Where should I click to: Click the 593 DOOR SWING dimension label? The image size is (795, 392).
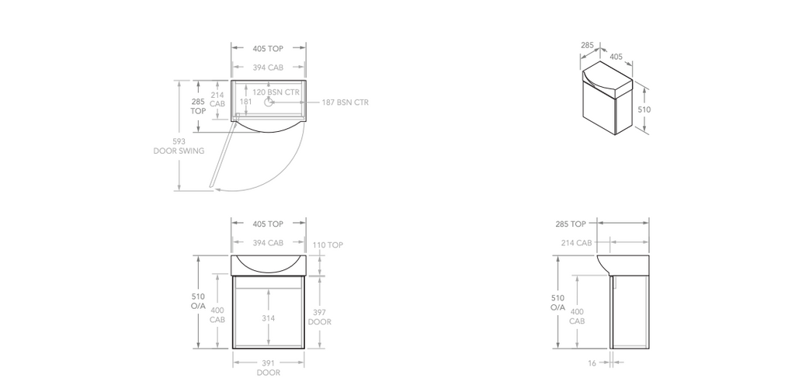pyautogui.click(x=179, y=146)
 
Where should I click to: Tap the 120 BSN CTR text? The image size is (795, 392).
pyautogui.click(x=276, y=92)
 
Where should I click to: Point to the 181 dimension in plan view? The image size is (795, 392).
pyautogui.click(x=245, y=101)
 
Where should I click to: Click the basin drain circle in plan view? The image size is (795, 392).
pyautogui.click(x=269, y=102)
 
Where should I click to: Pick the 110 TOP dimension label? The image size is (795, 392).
pyautogui.click(x=327, y=245)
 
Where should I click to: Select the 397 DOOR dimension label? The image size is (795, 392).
pyautogui.click(x=319, y=317)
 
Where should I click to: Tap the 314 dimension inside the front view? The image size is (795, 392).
pyautogui.click(x=268, y=318)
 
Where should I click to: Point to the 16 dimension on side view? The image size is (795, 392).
pyautogui.click(x=592, y=362)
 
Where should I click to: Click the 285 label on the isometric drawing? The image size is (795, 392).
pyautogui.click(x=587, y=46)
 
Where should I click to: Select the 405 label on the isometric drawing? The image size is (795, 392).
pyautogui.click(x=616, y=56)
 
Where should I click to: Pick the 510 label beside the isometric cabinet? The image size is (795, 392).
pyautogui.click(x=644, y=109)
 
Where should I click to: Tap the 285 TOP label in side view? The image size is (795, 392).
pyautogui.click(x=571, y=224)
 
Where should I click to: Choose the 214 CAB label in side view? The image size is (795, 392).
pyautogui.click(x=576, y=243)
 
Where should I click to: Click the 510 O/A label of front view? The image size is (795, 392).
pyautogui.click(x=198, y=301)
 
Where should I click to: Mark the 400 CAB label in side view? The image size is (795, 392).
pyautogui.click(x=576, y=316)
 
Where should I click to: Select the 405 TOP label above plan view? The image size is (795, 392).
pyautogui.click(x=268, y=48)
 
